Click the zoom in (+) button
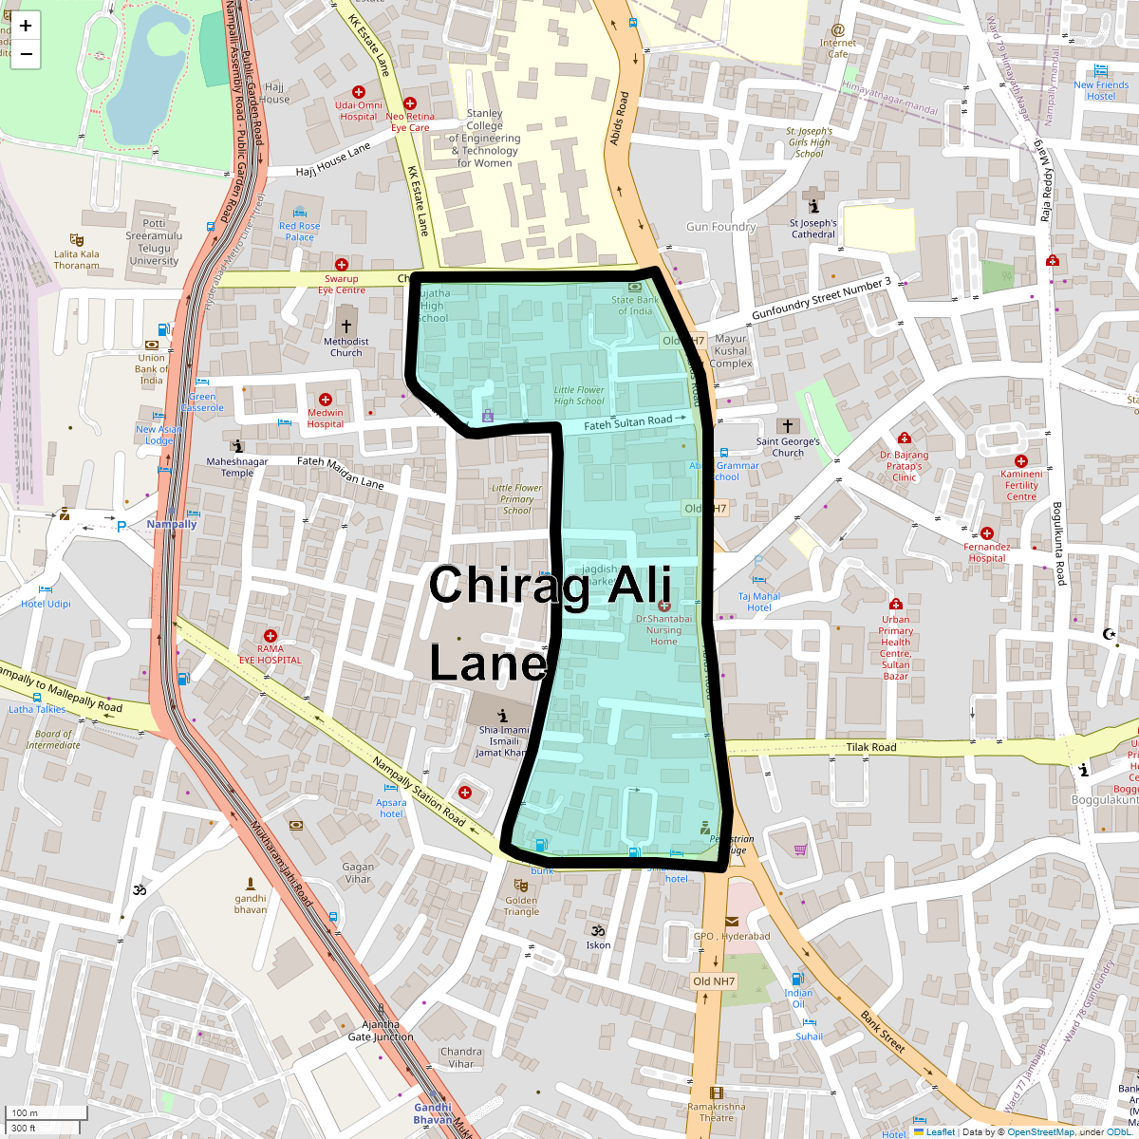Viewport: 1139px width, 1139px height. click(x=26, y=26)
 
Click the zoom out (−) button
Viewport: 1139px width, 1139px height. click(x=26, y=54)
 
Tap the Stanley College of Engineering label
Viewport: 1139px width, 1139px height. click(x=484, y=138)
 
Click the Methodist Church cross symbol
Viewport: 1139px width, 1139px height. click(x=346, y=326)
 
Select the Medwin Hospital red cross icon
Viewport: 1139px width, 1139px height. click(x=326, y=400)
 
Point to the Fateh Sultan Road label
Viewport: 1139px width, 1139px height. click(x=627, y=422)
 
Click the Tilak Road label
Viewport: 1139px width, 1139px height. click(x=870, y=747)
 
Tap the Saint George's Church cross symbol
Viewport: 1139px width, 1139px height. click(x=787, y=426)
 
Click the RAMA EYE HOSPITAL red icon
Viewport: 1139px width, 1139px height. click(x=271, y=636)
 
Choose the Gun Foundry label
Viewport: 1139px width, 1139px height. click(x=720, y=227)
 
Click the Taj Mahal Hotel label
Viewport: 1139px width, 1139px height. click(x=758, y=602)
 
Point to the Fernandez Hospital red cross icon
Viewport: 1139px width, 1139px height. click(x=987, y=533)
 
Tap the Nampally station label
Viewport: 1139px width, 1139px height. click(x=172, y=524)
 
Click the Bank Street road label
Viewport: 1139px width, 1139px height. click(x=883, y=1032)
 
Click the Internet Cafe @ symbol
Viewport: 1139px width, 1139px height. click(x=837, y=30)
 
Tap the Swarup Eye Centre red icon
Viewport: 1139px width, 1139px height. click(x=342, y=265)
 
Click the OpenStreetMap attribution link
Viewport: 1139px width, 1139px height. click(x=1040, y=1131)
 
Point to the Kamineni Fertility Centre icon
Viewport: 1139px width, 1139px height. click(x=1021, y=461)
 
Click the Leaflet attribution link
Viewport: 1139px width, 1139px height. click(x=940, y=1131)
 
